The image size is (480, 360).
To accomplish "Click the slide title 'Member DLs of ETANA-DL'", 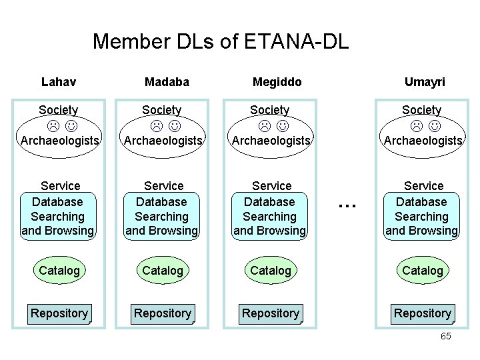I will pyautogui.click(x=220, y=41).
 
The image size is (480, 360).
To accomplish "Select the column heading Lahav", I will pyautogui.click(x=59, y=82).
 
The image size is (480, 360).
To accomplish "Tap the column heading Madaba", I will pyautogui.click(x=167, y=82).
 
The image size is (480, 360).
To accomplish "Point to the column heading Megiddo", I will pyautogui.click(x=277, y=82).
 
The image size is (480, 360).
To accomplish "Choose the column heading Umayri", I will pyautogui.click(x=425, y=82).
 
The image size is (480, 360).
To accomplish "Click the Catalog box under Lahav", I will pyautogui.click(x=59, y=270).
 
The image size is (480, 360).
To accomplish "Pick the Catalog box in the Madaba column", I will pyautogui.click(x=163, y=270).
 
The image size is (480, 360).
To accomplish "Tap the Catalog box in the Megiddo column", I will pyautogui.click(x=271, y=270).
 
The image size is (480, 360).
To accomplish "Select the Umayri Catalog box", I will pyautogui.click(x=423, y=270).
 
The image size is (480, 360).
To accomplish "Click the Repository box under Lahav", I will pyautogui.click(x=59, y=313).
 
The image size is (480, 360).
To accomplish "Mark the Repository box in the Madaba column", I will pyautogui.click(x=163, y=313).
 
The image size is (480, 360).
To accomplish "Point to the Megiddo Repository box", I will pyautogui.click(x=271, y=313).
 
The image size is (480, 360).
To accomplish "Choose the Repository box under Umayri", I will pyautogui.click(x=423, y=313).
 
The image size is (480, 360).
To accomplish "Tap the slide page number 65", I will pyautogui.click(x=445, y=336).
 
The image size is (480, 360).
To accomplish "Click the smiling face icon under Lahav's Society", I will pyautogui.click(x=70, y=125).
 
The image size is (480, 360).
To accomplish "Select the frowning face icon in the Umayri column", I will pyautogui.click(x=416, y=125).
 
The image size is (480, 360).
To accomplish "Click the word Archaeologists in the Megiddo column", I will pyautogui.click(x=271, y=141).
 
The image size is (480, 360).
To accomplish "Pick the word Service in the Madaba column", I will pyautogui.click(x=164, y=186).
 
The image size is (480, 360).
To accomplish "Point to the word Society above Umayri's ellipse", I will pyautogui.click(x=421, y=110).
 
